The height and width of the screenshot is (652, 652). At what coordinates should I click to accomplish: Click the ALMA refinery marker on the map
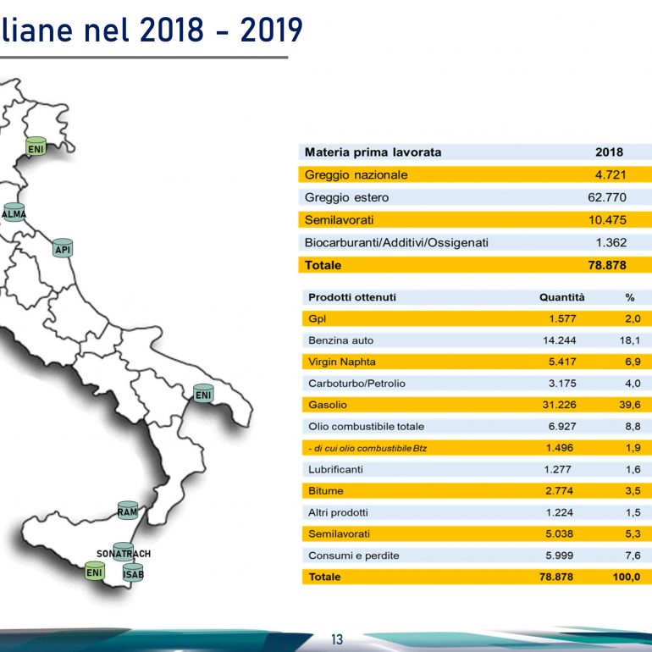(x=14, y=213)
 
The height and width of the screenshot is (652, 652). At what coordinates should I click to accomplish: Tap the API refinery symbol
(x=63, y=248)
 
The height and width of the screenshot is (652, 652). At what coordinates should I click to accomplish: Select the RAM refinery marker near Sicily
(x=128, y=511)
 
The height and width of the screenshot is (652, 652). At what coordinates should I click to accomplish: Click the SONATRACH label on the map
(x=124, y=554)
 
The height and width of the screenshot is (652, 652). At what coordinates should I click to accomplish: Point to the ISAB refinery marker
(x=133, y=573)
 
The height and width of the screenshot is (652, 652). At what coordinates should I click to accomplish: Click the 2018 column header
(x=609, y=152)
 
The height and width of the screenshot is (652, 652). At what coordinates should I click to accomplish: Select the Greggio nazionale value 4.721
(x=611, y=174)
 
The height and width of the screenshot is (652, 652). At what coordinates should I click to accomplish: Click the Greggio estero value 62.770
(x=607, y=197)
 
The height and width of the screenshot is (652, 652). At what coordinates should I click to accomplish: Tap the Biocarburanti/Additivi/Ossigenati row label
(x=396, y=242)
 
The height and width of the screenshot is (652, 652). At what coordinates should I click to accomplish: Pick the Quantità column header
(x=561, y=297)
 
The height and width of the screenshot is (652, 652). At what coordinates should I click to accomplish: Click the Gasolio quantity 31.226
(x=559, y=405)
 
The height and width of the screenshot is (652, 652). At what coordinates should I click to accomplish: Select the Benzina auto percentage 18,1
(x=629, y=340)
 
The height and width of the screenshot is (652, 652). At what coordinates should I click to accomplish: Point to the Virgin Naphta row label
(x=342, y=362)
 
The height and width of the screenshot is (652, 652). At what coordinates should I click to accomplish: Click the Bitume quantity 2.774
(x=559, y=490)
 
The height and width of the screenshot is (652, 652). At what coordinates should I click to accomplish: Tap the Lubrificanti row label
(x=335, y=469)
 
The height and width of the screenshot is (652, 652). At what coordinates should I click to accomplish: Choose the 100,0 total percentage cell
(x=627, y=577)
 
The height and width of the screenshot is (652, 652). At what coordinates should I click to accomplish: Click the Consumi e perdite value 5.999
(x=559, y=555)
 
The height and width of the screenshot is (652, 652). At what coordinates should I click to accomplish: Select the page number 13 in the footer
(x=337, y=639)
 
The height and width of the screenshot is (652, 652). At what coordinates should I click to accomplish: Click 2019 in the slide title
(x=272, y=30)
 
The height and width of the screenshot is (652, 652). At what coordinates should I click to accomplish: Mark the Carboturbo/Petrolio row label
(x=356, y=384)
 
